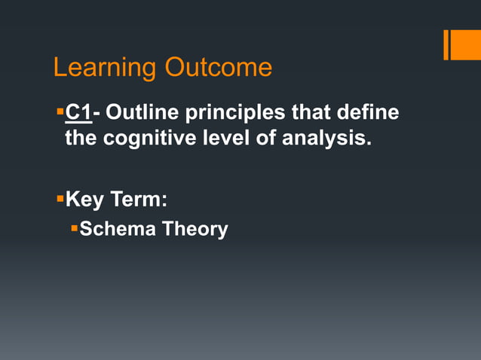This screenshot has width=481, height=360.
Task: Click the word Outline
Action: coord(145,114)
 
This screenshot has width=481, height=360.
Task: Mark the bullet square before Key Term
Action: coord(60,200)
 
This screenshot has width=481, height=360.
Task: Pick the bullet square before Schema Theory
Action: coord(74,227)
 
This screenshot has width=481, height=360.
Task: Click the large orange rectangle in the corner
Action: coord(466,44)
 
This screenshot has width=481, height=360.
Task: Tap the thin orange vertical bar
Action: coord(446,44)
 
